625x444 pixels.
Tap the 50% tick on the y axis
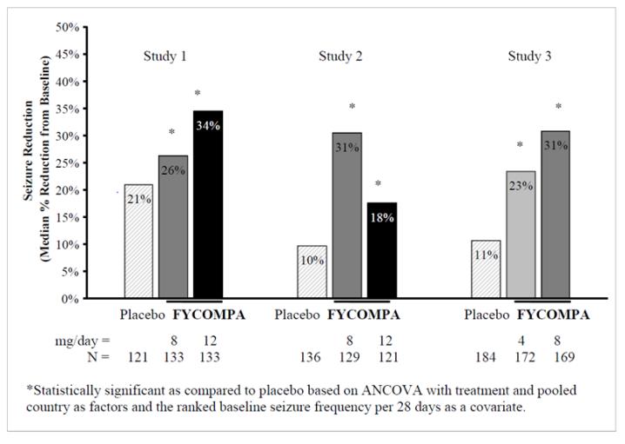(67, 27)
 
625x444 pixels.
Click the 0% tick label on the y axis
(70, 298)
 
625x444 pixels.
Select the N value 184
(486, 356)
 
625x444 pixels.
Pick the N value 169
(558, 356)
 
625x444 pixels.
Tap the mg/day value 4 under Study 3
(522, 340)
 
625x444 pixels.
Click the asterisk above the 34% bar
(198, 94)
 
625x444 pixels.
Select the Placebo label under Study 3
(486, 315)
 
